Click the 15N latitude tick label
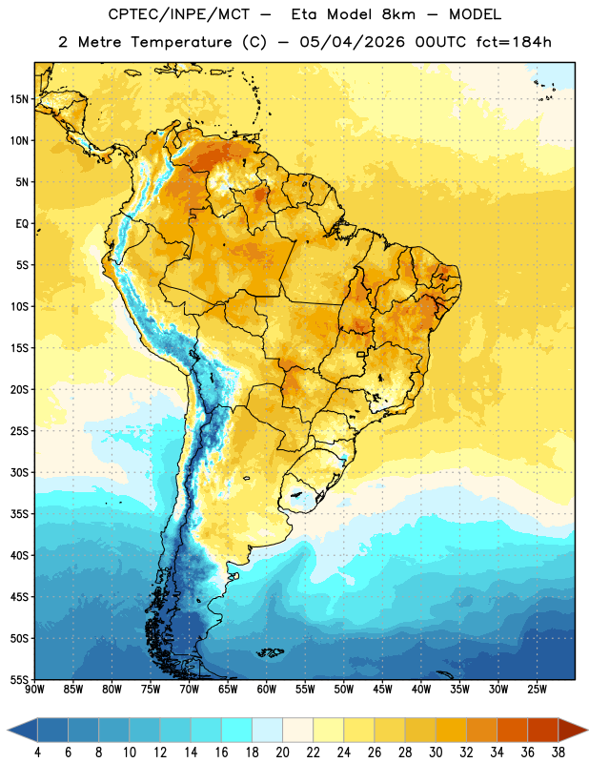pos(19,99)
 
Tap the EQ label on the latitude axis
pos(22,224)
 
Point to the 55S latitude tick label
pos(19,680)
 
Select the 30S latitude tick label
pos(19,472)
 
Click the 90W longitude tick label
pos(34,690)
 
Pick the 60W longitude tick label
pos(267,690)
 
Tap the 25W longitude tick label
pos(537,690)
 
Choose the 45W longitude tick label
pos(382,690)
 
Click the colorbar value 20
pos(282,753)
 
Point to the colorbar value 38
pos(559,753)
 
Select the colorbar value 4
pos(37,753)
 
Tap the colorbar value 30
pos(436,753)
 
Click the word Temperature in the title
pos(182,42)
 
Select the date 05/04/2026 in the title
pos(352,42)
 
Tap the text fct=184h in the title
pos(514,42)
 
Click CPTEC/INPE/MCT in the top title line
pos(178,14)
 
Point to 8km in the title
pos(398,14)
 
